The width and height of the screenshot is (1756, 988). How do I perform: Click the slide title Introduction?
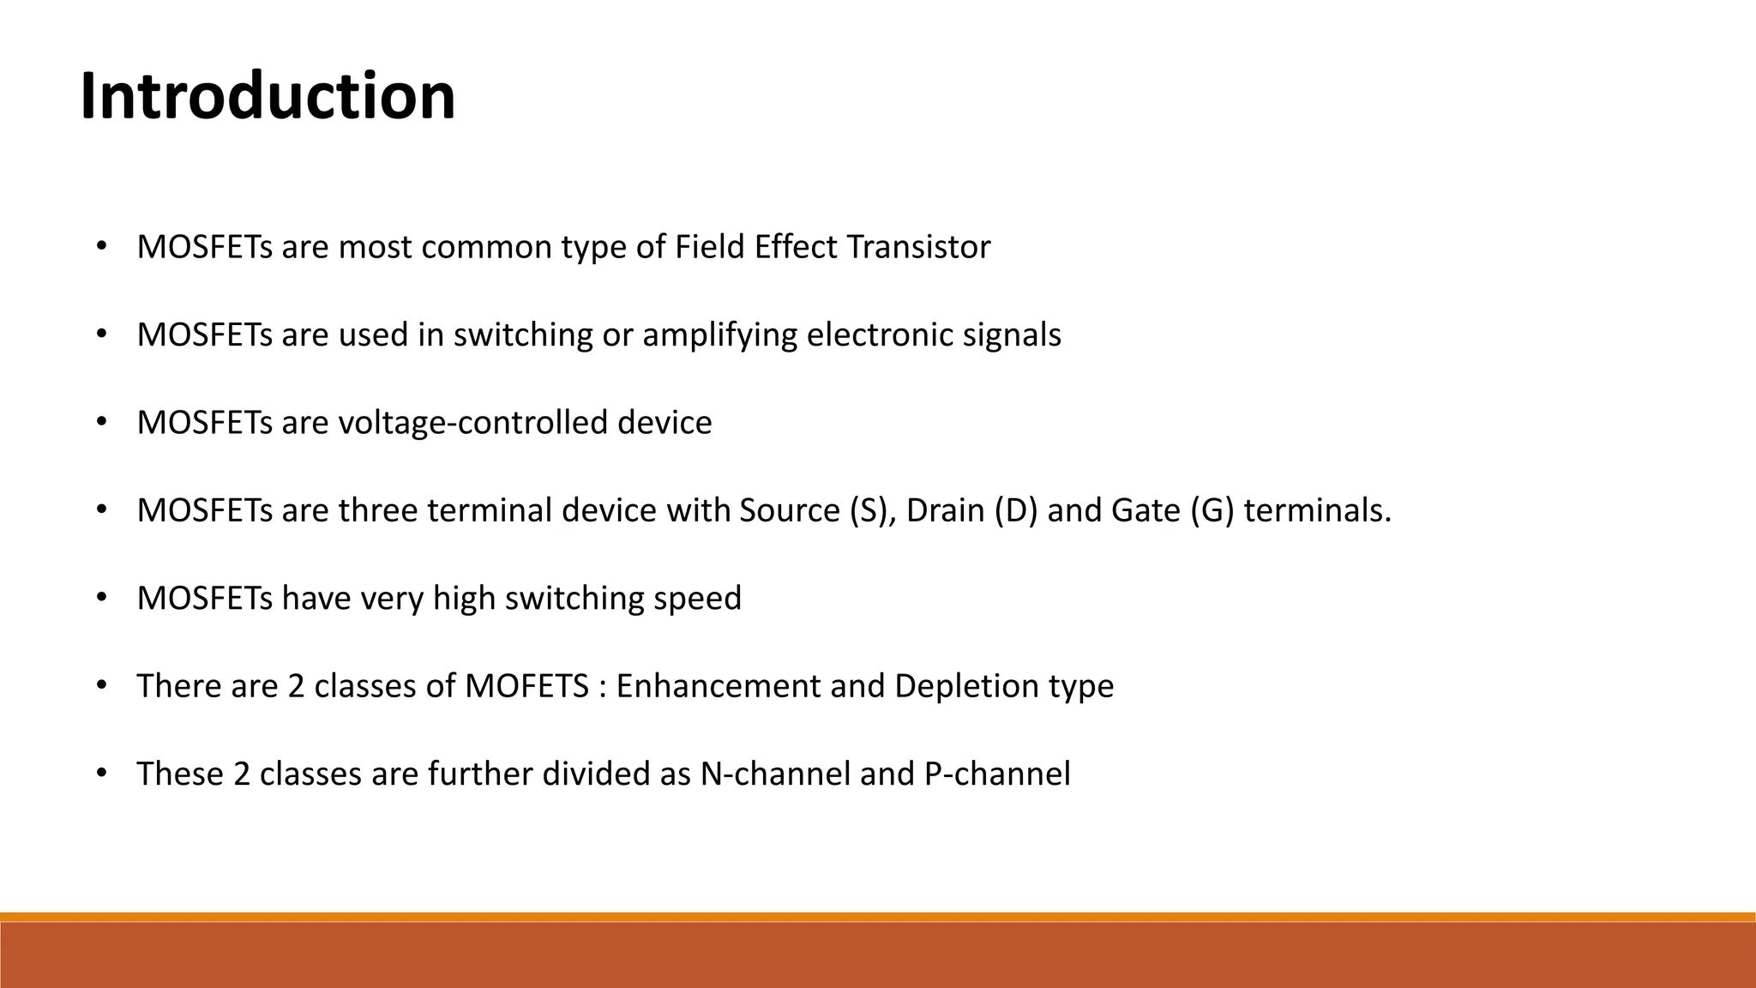tap(268, 96)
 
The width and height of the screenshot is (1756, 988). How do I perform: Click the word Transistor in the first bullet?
tap(918, 247)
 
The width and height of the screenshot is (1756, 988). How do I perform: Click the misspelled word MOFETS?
tap(526, 686)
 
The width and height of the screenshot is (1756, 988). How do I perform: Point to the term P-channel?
tap(997, 774)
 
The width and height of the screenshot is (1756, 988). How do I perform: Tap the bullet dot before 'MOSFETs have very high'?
tap(101, 598)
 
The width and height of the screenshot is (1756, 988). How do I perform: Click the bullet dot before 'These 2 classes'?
tap(101, 774)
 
